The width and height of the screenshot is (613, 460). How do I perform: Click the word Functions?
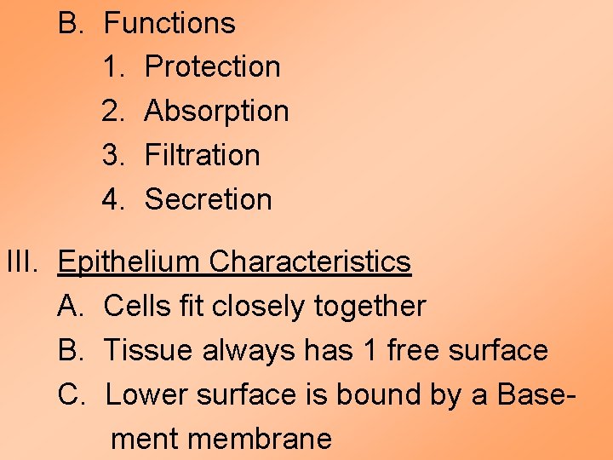click(169, 23)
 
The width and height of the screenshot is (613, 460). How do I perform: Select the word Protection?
click(212, 66)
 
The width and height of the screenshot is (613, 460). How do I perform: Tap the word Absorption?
click(216, 112)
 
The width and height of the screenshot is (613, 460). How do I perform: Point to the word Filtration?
click(202, 155)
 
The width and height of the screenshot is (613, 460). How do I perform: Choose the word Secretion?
click(208, 199)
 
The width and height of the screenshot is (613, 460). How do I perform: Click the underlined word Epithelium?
click(129, 262)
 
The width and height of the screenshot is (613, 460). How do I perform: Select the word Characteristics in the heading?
click(310, 262)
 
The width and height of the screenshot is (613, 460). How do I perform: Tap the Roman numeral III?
click(23, 262)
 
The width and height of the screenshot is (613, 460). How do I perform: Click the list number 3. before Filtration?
click(114, 155)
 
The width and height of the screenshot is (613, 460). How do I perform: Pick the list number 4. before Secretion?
click(114, 199)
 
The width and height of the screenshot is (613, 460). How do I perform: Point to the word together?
click(370, 306)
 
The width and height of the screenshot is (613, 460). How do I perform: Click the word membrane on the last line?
click(259, 439)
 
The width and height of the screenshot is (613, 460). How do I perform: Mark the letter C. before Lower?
click(71, 394)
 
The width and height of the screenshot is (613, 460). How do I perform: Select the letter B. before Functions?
click(71, 23)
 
